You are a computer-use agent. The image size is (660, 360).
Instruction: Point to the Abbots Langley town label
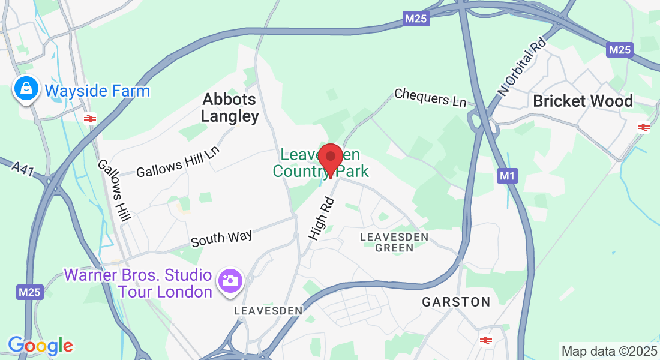click(x=230, y=107)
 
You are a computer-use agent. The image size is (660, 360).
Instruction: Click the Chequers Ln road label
click(x=430, y=97)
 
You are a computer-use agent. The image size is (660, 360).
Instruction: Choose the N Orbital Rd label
click(x=523, y=67)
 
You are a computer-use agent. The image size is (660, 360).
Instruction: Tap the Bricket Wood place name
click(x=583, y=101)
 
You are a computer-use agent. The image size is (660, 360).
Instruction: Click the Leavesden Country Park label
click(x=320, y=163)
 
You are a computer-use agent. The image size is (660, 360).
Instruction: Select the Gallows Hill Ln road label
click(x=178, y=162)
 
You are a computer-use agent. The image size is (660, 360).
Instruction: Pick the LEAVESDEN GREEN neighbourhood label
click(x=394, y=242)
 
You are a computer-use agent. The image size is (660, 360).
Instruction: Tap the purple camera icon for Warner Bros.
click(x=230, y=280)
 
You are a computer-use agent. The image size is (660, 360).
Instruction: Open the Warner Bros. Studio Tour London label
click(x=138, y=284)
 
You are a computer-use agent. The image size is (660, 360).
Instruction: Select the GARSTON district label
click(x=456, y=302)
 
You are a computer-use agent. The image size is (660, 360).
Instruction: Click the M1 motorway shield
click(x=507, y=176)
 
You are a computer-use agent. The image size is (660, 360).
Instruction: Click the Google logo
click(x=40, y=346)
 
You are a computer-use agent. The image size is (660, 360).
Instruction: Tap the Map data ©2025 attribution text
click(x=608, y=350)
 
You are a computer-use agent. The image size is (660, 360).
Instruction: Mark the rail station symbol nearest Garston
click(x=485, y=340)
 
